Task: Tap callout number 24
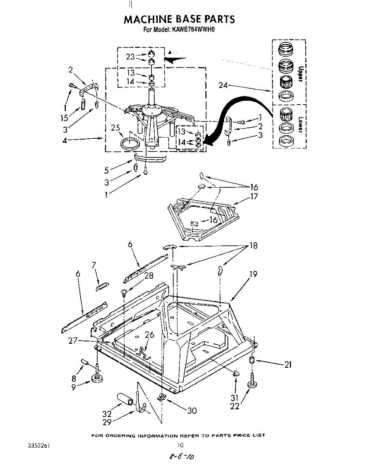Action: click(223, 85)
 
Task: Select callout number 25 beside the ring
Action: click(115, 127)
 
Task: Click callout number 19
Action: click(253, 275)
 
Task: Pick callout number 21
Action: click(288, 364)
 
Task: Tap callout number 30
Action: click(192, 411)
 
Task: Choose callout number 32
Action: click(107, 414)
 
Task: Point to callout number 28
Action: click(148, 276)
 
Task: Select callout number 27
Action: click(72, 341)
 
